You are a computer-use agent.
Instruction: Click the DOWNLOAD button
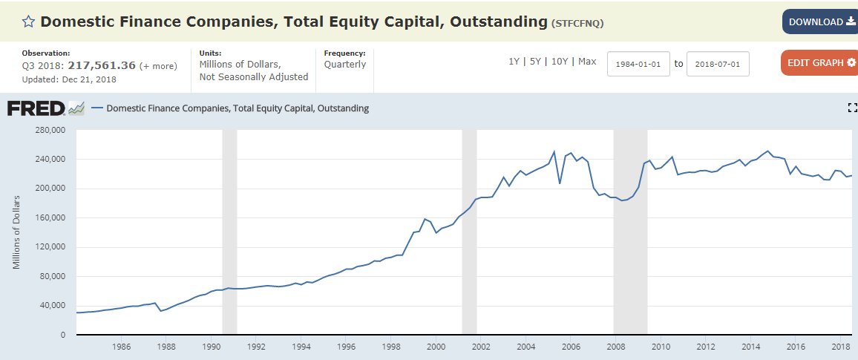[819, 22]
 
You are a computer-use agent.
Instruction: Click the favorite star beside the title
[28, 22]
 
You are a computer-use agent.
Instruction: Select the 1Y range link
[514, 62]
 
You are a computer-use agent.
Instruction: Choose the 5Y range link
[534, 62]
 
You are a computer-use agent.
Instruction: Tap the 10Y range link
[559, 62]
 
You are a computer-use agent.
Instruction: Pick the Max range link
[587, 62]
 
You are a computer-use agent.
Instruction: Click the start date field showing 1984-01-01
[638, 64]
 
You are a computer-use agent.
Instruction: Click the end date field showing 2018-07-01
[718, 64]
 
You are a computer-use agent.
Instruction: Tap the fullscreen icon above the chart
[852, 108]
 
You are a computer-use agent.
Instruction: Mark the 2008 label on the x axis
[615, 347]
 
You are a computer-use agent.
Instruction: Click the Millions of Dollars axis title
[16, 232]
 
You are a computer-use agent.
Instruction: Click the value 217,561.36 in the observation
[102, 65]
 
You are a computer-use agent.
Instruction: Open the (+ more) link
[159, 66]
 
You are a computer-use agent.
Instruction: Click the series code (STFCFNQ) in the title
[577, 23]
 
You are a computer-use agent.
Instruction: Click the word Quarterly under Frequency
[345, 65]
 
